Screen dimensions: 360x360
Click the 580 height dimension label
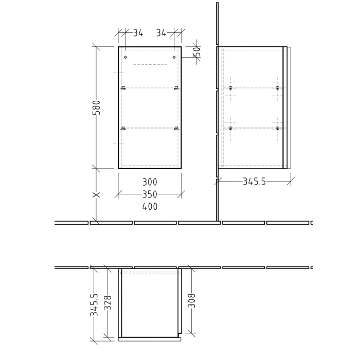click(96, 108)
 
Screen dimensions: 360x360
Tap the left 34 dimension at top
click(138, 33)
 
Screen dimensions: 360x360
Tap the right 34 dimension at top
click(161, 33)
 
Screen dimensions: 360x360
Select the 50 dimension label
click(196, 51)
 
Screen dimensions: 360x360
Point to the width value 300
click(150, 182)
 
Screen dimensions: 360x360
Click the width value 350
click(150, 194)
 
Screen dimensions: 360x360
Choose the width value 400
click(150, 207)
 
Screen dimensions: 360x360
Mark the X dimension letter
click(96, 195)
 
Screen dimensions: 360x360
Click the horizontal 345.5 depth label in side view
click(254, 181)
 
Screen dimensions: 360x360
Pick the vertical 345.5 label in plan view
click(94, 304)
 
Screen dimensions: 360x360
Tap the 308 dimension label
click(191, 301)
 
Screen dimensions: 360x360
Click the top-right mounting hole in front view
click(174, 57)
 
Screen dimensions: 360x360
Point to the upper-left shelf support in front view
click(123, 88)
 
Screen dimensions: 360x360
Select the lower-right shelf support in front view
click(176, 128)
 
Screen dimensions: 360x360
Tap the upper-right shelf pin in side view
click(277, 88)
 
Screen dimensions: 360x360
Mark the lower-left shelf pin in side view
click(231, 128)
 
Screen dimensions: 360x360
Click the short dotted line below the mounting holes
click(150, 65)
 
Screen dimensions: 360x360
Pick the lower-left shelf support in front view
click(123, 128)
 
